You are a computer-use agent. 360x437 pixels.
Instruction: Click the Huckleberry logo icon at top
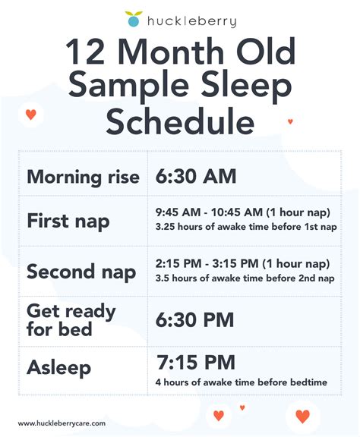pyautogui.click(x=134, y=19)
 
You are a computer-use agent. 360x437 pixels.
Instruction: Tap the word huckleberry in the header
pyautogui.click(x=191, y=21)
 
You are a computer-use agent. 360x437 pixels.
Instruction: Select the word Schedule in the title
pyautogui.click(x=180, y=121)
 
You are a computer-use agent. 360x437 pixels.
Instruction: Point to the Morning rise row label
pyautogui.click(x=83, y=178)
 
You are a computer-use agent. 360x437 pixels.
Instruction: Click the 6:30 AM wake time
pyautogui.click(x=196, y=177)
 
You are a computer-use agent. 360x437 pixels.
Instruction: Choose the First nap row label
pyautogui.click(x=68, y=222)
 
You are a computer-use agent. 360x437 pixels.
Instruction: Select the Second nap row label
pyautogui.click(x=81, y=271)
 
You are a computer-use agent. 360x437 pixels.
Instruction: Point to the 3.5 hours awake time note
pyautogui.click(x=245, y=278)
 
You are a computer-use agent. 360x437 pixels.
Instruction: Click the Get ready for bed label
pyautogui.click(x=71, y=320)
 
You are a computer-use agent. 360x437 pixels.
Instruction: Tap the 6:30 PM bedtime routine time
pyautogui.click(x=195, y=320)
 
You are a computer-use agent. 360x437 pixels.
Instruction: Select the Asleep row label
pyautogui.click(x=58, y=368)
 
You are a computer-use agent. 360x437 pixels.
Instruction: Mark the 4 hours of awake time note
pyautogui.click(x=241, y=382)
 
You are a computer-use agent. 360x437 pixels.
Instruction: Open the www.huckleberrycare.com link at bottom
pyautogui.click(x=62, y=423)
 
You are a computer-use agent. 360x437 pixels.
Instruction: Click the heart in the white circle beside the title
pyautogui.click(x=30, y=115)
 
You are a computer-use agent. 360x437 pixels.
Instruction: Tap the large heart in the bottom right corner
pyautogui.click(x=302, y=417)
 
